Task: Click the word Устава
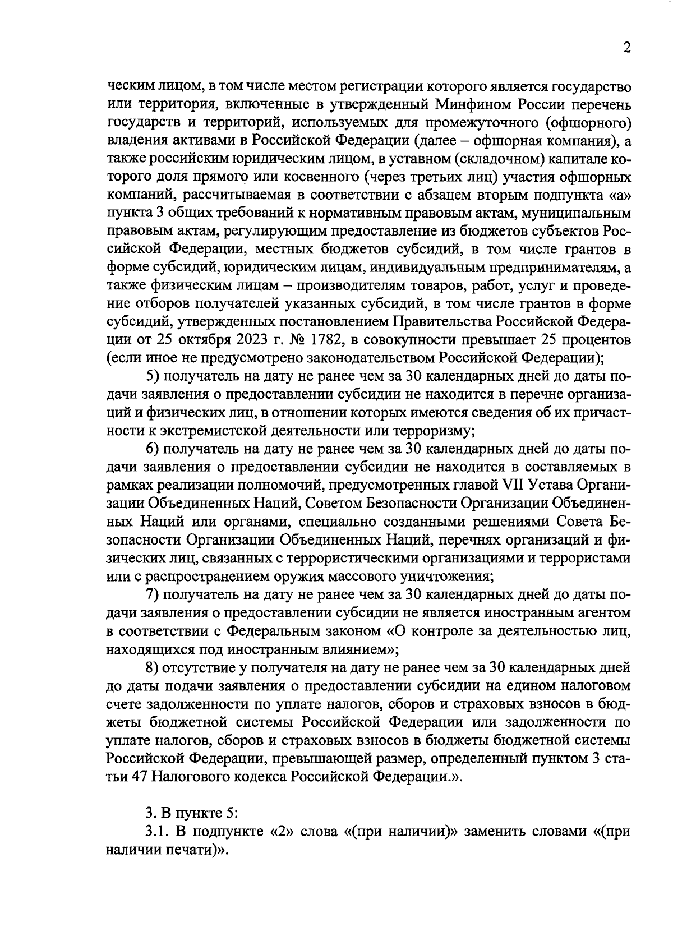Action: pos(558,484)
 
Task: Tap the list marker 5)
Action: pos(153,376)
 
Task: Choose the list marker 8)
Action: pos(153,667)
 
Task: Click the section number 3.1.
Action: pos(156,831)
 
